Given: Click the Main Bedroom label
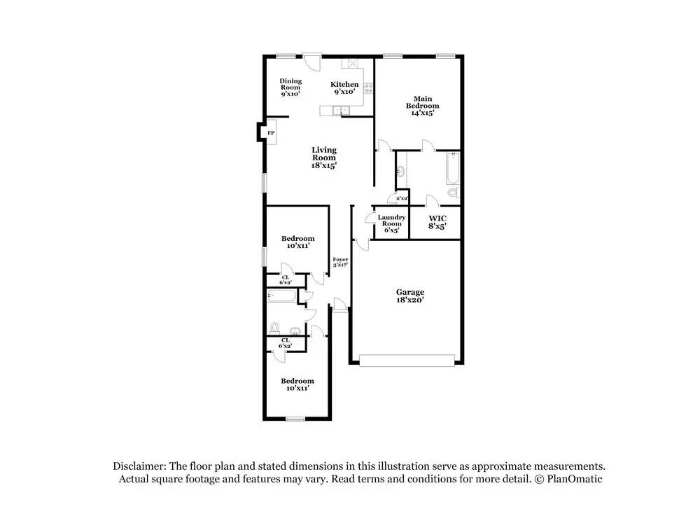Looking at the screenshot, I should (x=422, y=106).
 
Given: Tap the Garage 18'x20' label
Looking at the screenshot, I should (x=410, y=295).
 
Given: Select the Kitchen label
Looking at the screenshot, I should (x=344, y=88).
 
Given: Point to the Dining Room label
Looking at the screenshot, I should (x=290, y=87).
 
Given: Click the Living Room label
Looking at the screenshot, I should (x=324, y=158).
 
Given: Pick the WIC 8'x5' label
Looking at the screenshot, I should (x=437, y=223).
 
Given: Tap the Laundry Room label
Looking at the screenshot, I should (x=391, y=223).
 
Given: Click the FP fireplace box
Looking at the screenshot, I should (x=269, y=132).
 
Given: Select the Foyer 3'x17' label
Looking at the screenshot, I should (x=340, y=263).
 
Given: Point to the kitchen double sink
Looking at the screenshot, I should (x=341, y=110).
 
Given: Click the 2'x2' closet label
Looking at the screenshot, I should (x=402, y=199).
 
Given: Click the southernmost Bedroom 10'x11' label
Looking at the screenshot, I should (x=297, y=384).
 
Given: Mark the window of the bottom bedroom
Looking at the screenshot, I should (x=295, y=419).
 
